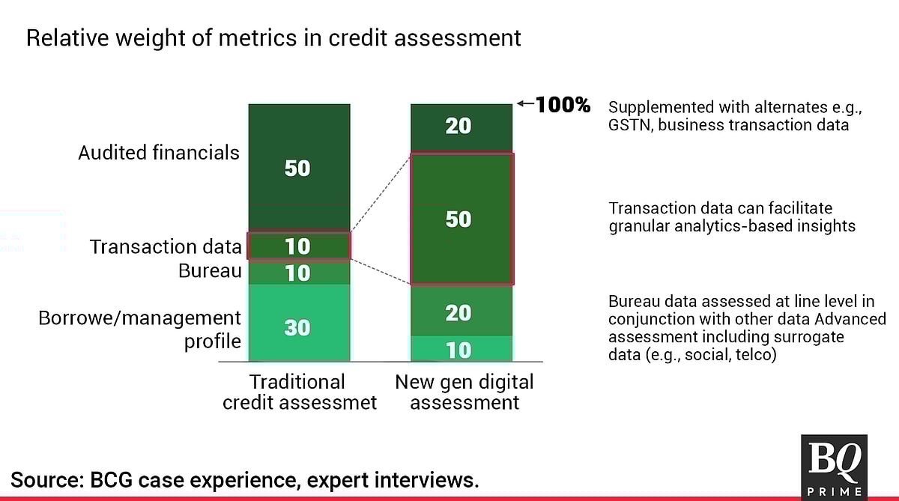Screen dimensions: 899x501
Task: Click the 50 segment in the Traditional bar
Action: (299, 168)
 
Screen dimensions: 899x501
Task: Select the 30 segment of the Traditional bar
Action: (299, 323)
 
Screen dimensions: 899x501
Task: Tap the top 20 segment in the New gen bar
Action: (461, 127)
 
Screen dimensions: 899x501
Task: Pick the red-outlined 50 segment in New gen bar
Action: (461, 219)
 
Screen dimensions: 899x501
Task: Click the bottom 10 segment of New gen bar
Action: (461, 348)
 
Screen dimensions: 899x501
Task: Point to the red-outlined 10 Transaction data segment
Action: (299, 246)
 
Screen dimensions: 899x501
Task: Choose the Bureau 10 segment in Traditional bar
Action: (299, 273)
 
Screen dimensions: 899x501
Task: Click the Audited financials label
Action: (159, 153)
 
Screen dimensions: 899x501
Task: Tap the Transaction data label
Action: (166, 246)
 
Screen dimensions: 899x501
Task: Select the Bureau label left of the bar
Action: (210, 271)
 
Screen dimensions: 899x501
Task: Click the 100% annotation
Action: (563, 105)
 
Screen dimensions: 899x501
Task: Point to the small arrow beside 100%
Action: (525, 103)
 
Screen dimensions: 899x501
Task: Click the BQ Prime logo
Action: (834, 467)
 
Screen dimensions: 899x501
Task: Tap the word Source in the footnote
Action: (47, 480)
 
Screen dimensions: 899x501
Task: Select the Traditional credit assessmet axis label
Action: (300, 392)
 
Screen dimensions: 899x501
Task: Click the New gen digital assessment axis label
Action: (464, 392)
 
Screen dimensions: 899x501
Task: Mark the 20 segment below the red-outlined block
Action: (461, 312)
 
